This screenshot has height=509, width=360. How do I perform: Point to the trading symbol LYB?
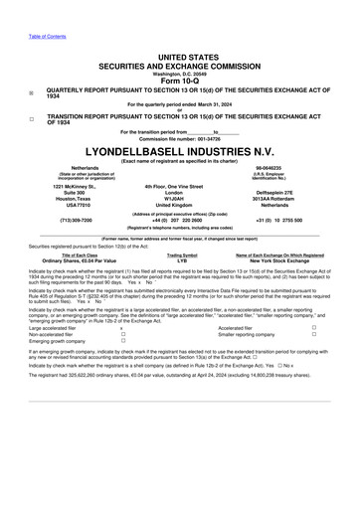coord(181,260)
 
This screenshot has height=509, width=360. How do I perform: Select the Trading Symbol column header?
coord(181,254)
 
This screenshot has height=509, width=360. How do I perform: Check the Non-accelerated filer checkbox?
coord(122,336)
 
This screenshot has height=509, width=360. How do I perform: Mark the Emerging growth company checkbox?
coord(122,343)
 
